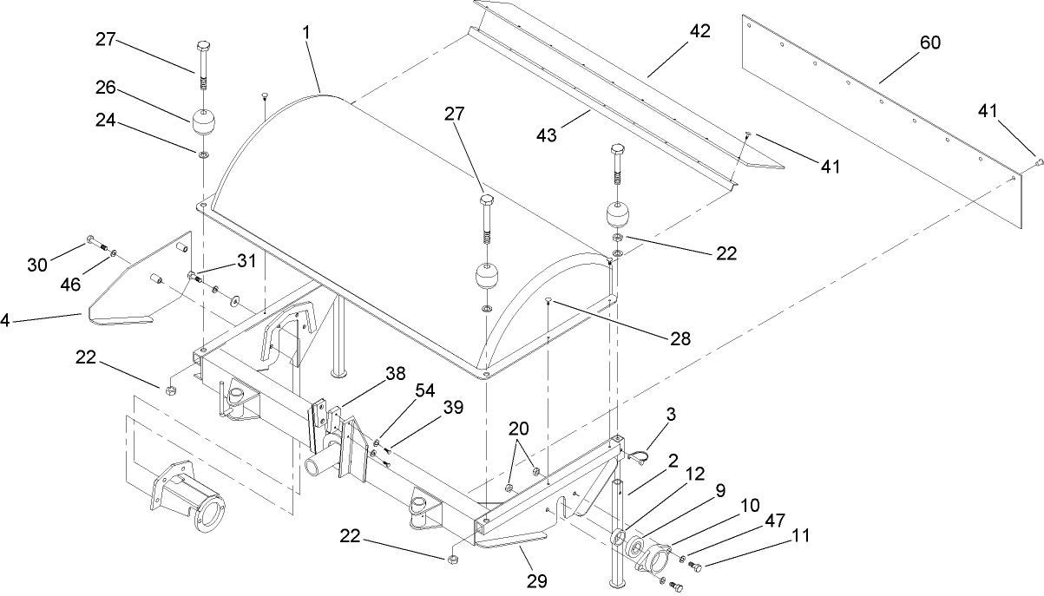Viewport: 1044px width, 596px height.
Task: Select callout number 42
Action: (699, 31)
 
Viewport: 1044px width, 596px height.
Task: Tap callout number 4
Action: (4, 320)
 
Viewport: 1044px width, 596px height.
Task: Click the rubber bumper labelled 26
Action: (204, 123)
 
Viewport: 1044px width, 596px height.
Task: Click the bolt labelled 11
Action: (695, 566)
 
